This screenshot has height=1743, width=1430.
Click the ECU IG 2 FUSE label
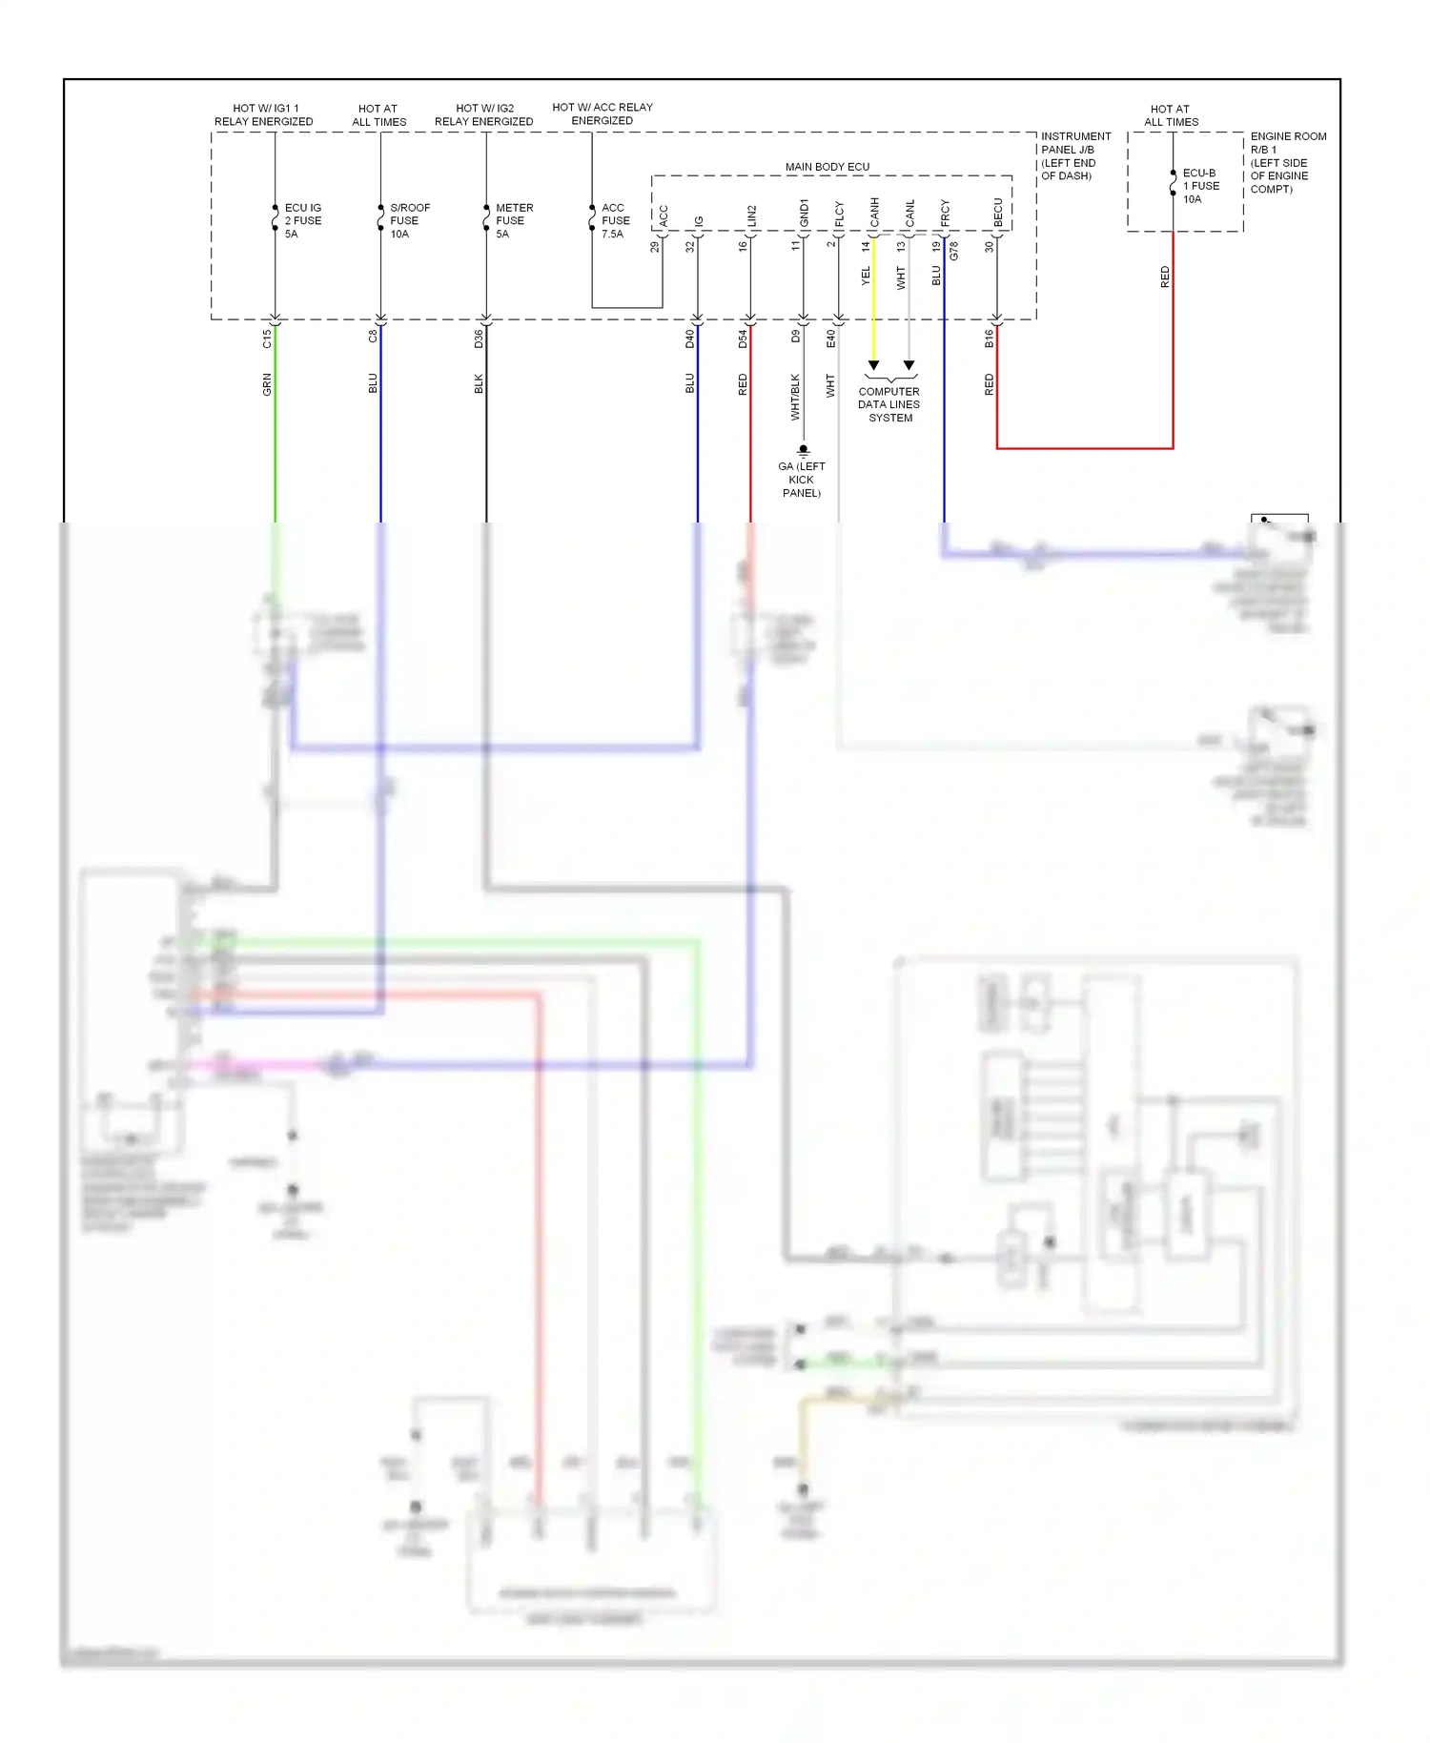click(302, 220)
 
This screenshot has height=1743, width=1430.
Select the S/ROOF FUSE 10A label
click(409, 220)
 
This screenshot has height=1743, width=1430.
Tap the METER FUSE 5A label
click(514, 220)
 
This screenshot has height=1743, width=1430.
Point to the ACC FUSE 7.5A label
click(615, 220)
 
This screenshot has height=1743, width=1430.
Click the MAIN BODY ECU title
click(827, 167)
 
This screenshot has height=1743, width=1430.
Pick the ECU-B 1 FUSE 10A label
click(1200, 186)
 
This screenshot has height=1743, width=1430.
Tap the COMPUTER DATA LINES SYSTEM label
click(889, 404)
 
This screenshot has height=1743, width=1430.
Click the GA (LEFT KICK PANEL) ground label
click(801, 480)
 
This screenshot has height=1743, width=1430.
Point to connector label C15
click(267, 338)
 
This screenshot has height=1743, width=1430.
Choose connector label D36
click(479, 338)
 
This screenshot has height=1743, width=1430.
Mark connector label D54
click(743, 338)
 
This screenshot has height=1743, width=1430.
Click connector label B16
click(989, 338)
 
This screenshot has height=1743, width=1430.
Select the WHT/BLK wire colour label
click(795, 397)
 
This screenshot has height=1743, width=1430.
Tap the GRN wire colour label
click(267, 384)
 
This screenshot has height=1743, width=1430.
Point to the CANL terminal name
click(909, 214)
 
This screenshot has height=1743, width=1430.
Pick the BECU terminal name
click(997, 214)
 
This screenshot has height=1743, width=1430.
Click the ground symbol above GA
click(803, 449)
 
